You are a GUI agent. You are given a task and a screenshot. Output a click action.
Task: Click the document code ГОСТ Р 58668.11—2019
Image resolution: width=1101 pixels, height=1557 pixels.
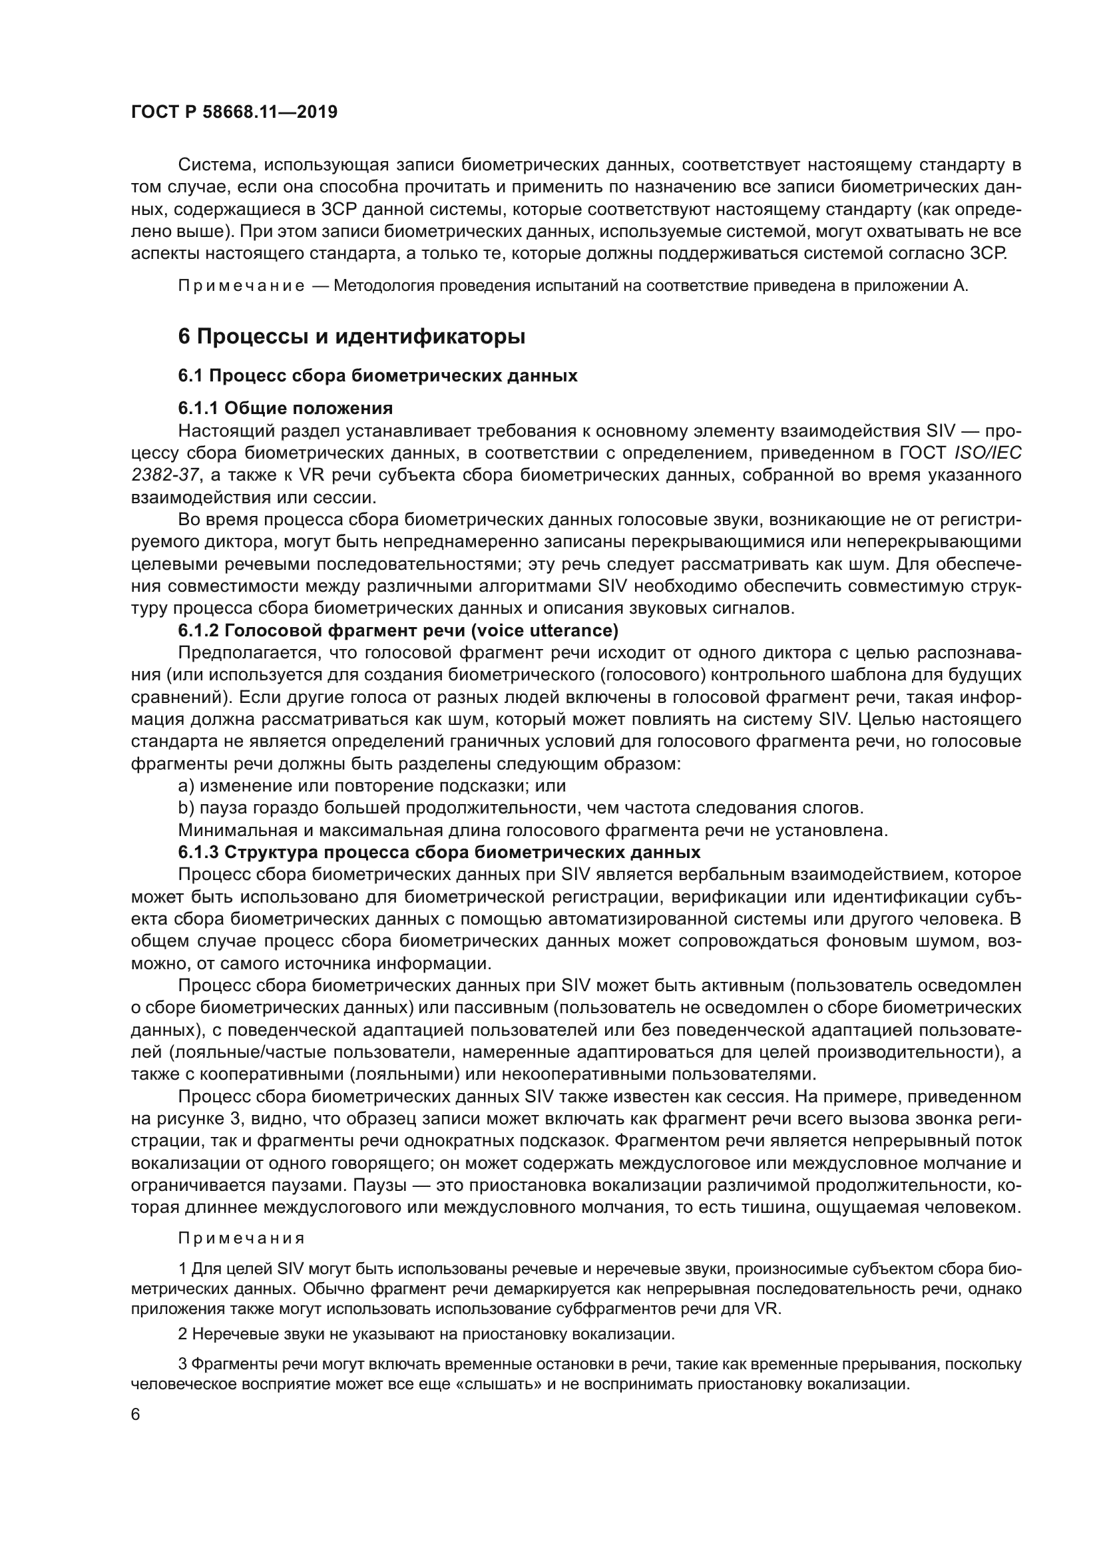coord(234,112)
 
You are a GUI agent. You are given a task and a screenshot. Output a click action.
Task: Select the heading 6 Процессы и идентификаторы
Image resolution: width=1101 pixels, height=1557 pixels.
coord(351,336)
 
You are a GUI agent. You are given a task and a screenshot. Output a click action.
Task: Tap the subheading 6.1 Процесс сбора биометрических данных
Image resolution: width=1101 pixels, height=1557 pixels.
coord(377,375)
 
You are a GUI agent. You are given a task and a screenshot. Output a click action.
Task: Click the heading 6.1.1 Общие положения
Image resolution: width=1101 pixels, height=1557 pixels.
coord(286,408)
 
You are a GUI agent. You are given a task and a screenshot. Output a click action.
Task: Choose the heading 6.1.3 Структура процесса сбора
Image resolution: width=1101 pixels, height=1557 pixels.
coord(439,852)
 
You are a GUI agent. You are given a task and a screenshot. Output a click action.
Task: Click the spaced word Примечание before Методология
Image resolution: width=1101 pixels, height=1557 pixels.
coord(242,286)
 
